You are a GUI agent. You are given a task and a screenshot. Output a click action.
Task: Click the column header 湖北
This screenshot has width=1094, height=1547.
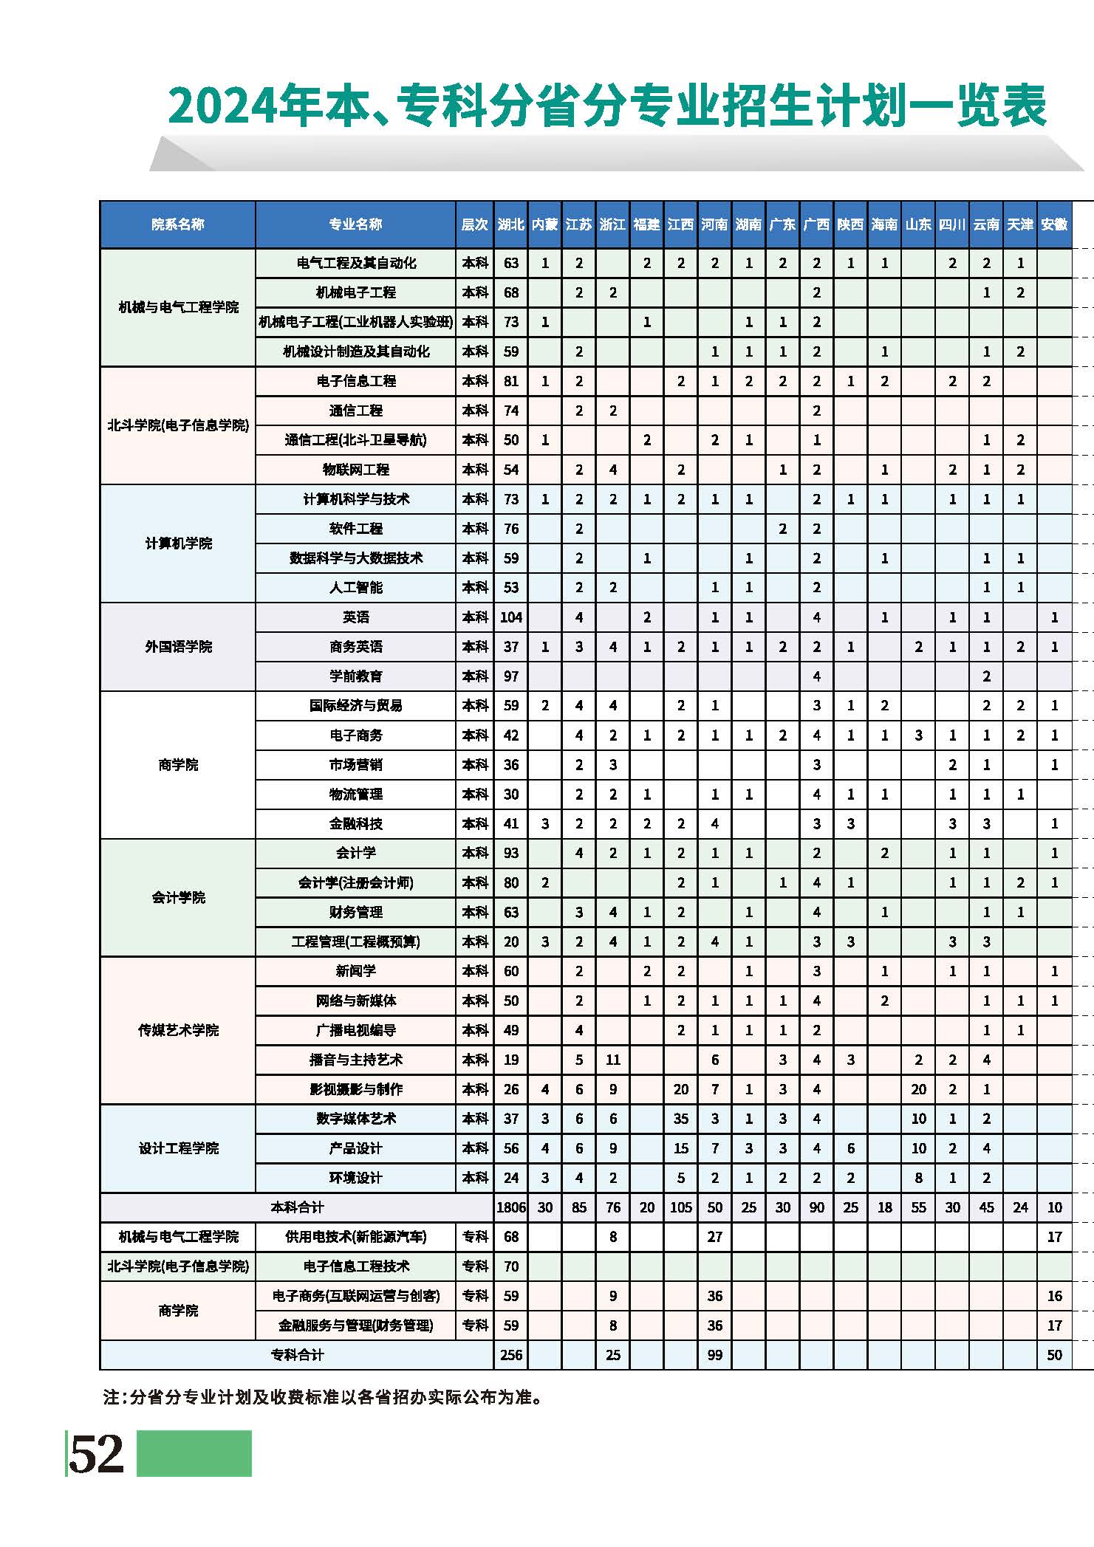510,224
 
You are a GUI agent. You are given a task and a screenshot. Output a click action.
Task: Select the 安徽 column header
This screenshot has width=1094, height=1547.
1054,224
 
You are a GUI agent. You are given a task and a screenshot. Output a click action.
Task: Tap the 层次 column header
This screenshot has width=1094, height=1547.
474,224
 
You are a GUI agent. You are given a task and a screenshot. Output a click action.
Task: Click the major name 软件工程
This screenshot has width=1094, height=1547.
355,529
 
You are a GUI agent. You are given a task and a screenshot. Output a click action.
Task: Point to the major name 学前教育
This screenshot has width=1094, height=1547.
355,676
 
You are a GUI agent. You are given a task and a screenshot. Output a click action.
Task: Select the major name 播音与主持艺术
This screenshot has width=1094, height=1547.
355,1060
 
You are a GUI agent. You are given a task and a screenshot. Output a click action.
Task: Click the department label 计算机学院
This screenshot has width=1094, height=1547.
178,543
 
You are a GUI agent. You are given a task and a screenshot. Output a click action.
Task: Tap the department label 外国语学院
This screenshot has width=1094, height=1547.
178,647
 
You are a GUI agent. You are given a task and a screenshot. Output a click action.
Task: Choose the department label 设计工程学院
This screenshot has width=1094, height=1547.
178,1148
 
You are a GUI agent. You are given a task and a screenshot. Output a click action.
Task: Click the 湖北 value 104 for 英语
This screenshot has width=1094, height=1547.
510,617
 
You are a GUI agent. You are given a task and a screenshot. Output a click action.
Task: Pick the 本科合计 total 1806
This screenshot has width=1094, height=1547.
510,1207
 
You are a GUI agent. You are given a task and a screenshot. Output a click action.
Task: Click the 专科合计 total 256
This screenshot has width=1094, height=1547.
510,1355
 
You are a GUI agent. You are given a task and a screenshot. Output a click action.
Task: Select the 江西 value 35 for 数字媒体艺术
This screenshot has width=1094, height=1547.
680,1119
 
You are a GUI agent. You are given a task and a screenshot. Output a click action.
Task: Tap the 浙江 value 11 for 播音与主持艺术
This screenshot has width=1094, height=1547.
612,1060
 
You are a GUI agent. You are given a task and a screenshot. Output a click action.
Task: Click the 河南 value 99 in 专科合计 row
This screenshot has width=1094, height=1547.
714,1355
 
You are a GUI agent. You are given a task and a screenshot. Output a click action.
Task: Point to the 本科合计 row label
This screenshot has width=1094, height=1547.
297,1207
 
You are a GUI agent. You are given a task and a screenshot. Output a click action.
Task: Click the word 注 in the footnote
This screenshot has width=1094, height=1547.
112,1397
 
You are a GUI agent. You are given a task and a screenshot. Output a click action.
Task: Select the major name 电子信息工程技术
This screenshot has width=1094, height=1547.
355,1266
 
